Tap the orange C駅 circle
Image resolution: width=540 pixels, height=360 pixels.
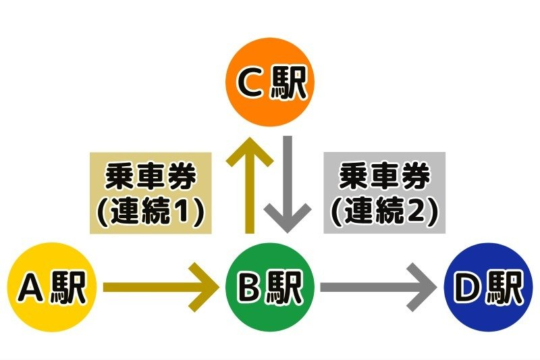pyautogui.click(x=269, y=82)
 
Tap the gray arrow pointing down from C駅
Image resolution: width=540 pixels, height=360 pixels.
pyautogui.click(x=288, y=182)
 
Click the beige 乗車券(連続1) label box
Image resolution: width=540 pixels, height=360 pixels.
pyautogui.click(x=150, y=192)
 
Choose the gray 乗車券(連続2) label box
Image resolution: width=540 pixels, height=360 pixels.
pyautogui.click(x=385, y=192)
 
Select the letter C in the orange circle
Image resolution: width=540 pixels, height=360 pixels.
pyautogui.click(x=249, y=82)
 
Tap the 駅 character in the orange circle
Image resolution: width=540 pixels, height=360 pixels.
pyautogui.click(x=289, y=82)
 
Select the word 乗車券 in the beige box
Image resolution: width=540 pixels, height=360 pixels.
pyautogui.click(x=151, y=177)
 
